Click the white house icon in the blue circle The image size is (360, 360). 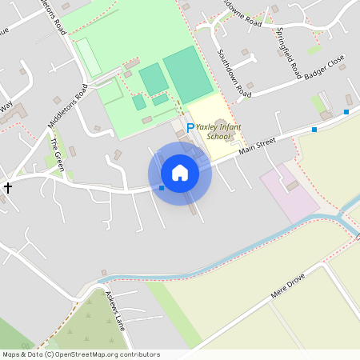(x=180, y=173)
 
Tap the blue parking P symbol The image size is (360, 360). (x=190, y=127)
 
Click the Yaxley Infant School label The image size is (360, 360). (x=219, y=132)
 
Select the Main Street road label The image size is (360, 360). (x=257, y=144)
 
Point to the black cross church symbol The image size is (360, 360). (x=8, y=187)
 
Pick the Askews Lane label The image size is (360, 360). (x=116, y=311)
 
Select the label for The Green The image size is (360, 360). (x=56, y=152)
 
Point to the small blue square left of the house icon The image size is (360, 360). (x=162, y=188)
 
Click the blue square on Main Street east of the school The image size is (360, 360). (x=314, y=129)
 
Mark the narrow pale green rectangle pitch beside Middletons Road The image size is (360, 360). (x=88, y=57)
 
